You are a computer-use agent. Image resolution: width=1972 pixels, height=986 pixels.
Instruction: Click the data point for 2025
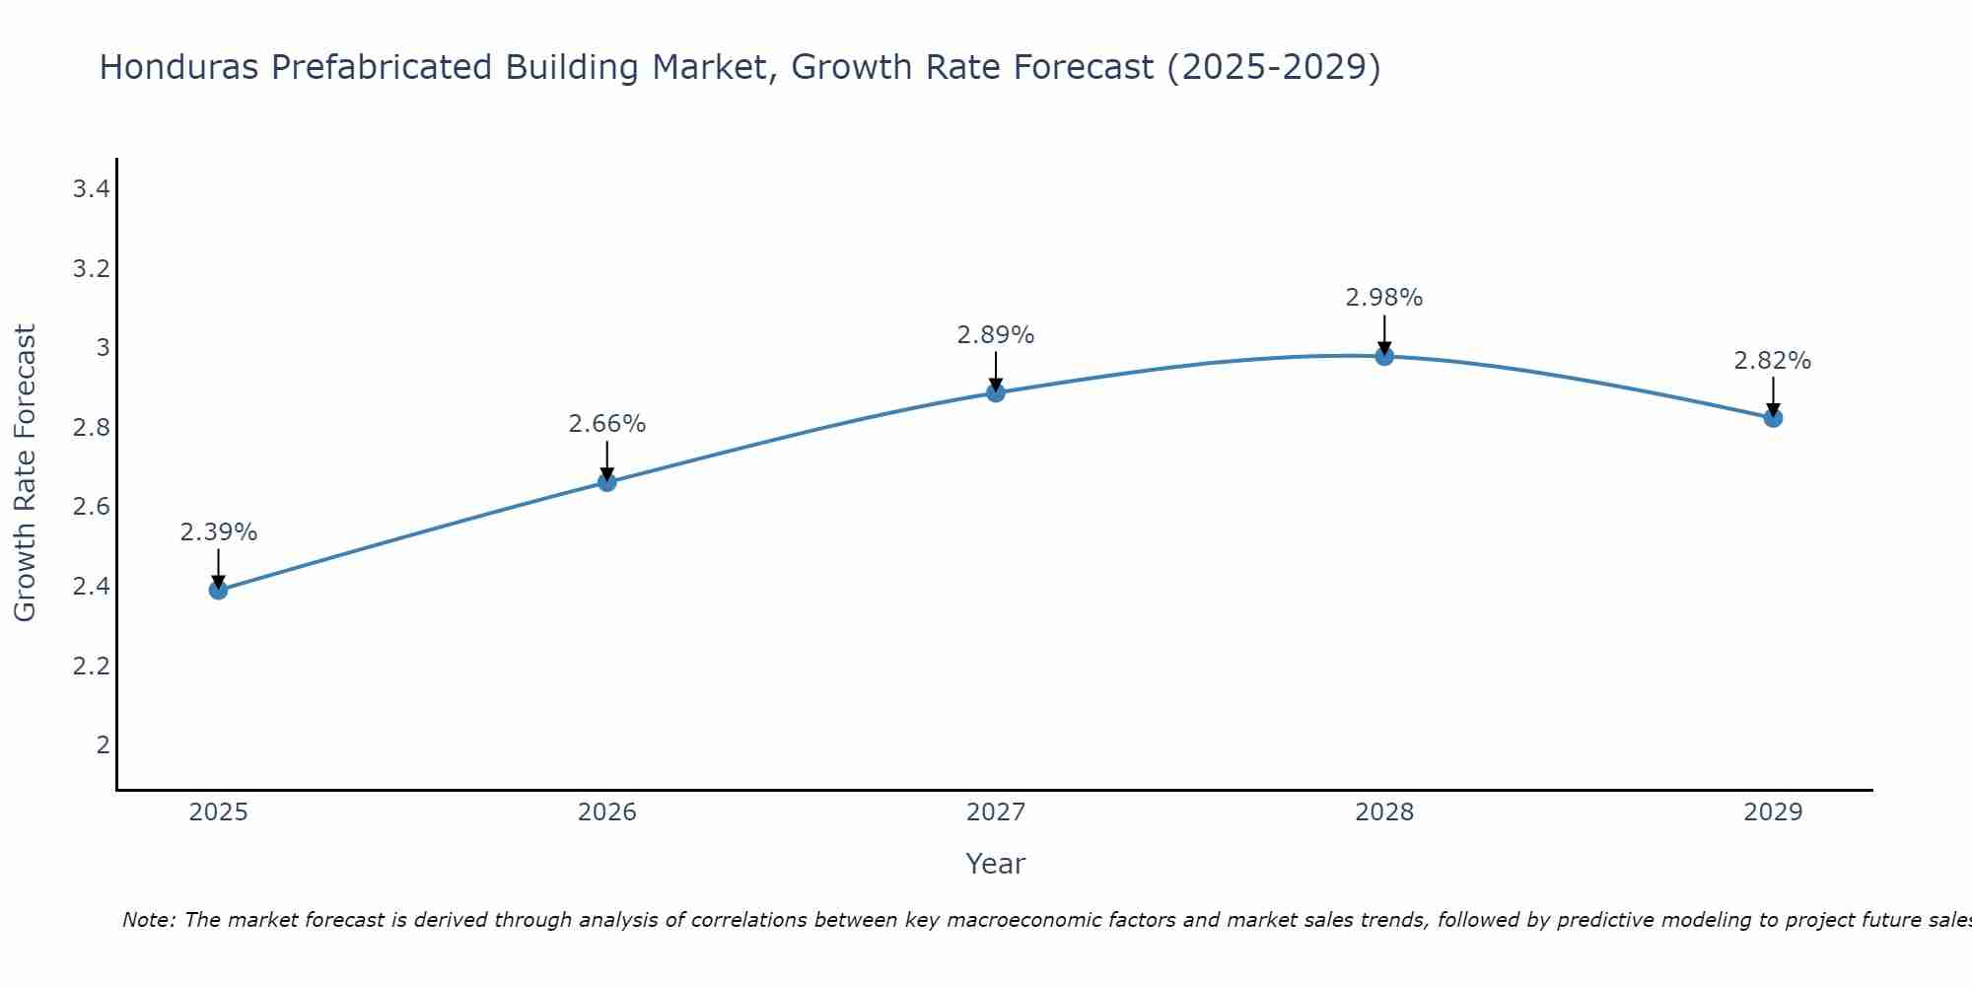point(218,590)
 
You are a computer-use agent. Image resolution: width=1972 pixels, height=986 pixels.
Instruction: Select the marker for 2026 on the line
point(607,482)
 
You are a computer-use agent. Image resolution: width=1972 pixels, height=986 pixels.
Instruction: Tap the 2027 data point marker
point(996,392)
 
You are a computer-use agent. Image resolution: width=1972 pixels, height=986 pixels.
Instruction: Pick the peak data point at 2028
point(1384,356)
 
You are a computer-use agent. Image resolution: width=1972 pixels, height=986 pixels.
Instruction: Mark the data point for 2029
point(1773,418)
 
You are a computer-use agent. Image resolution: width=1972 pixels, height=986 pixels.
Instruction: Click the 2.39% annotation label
point(218,532)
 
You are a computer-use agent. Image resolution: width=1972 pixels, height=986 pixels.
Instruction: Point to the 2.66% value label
point(607,424)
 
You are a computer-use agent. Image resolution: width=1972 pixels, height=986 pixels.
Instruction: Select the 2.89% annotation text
point(996,335)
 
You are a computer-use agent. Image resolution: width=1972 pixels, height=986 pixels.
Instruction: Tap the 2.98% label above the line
point(1384,298)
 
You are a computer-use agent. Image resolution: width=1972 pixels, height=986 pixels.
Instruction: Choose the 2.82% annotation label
point(1773,361)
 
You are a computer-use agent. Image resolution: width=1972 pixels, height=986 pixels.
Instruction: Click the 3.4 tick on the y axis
point(91,188)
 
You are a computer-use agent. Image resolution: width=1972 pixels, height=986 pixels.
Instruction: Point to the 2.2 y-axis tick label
point(91,666)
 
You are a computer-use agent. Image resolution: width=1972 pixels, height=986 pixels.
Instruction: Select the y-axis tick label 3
point(103,347)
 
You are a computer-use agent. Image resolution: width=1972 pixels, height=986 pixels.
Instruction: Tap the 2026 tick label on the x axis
point(607,812)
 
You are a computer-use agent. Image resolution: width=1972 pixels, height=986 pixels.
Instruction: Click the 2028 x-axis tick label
point(1384,812)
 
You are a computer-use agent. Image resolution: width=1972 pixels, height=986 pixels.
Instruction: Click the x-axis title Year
point(996,864)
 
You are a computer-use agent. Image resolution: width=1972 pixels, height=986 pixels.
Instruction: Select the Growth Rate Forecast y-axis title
point(25,473)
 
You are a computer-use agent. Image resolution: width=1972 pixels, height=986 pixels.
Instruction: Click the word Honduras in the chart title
point(178,67)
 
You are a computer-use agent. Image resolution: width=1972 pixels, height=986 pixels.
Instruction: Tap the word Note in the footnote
point(148,920)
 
